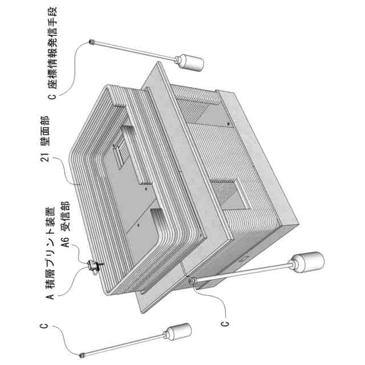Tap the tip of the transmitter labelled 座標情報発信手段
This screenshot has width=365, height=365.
click(91, 42)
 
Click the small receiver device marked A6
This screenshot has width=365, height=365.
click(94, 265)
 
